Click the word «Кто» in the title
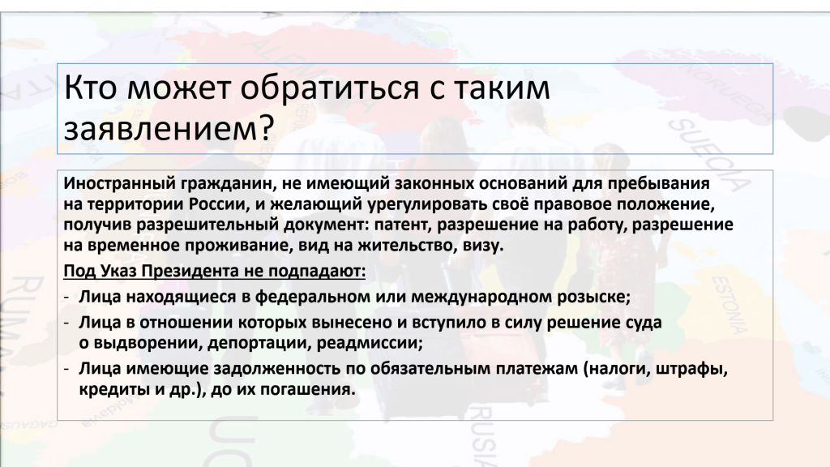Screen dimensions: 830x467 [90, 88]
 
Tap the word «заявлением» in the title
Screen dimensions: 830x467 [160, 128]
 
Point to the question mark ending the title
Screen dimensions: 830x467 [266, 127]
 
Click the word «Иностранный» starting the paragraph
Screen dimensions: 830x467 [120, 183]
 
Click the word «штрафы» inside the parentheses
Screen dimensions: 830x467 [692, 368]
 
